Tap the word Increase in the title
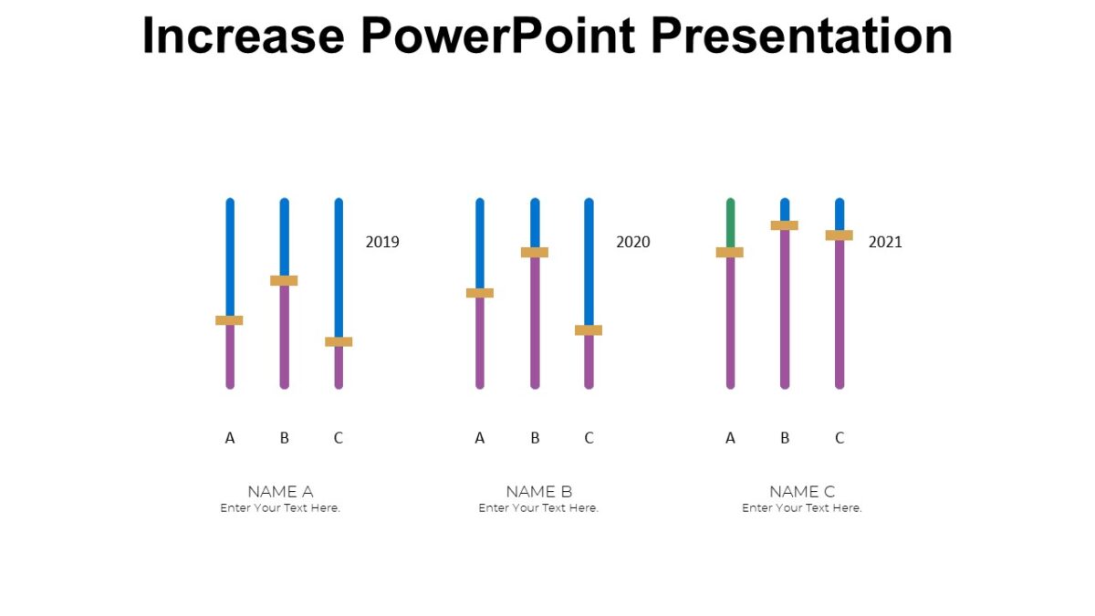pos(243,37)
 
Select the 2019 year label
pos(382,242)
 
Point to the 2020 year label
pos(633,242)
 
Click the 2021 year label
pos(885,242)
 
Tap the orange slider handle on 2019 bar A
pos(229,320)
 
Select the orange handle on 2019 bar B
pos(284,280)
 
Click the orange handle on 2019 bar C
pos(339,341)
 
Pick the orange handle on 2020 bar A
pos(479,293)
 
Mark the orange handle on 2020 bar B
pos(535,252)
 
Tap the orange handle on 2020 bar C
pos(589,330)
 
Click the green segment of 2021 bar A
pos(730,223)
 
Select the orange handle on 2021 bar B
pos(785,225)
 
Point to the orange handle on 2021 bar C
pos(839,235)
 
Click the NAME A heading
pos(280,492)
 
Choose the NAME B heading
pos(538,492)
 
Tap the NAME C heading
pos(802,492)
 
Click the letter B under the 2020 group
pos(535,438)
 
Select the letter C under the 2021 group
pos(839,438)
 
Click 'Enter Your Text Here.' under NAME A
pos(280,508)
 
